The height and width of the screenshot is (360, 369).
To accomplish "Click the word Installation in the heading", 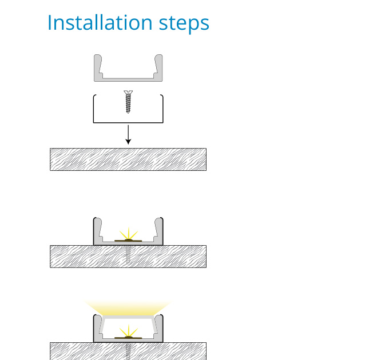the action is pos(100,22).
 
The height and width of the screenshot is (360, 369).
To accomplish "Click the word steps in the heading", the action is pos(184,24).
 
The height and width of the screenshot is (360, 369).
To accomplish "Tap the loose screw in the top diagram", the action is pos(128,102).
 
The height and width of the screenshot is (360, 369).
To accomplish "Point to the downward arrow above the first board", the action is pos(128,134).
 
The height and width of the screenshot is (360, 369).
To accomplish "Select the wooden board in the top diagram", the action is pos(128,159).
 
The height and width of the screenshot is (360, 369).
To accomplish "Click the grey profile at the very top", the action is pos(128,79).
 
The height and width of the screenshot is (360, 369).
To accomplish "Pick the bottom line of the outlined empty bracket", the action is pos(128,122).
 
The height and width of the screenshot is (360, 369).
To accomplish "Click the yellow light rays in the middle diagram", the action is pos(129,234).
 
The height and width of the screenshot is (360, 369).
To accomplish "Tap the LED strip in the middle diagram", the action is pos(128,241).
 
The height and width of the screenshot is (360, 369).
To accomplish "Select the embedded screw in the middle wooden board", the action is pos(128,254).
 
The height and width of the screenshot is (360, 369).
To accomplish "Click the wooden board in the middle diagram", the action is pos(128,257).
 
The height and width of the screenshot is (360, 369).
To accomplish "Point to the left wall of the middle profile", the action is pos(97,231).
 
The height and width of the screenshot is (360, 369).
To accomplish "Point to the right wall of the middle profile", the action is pos(159,231).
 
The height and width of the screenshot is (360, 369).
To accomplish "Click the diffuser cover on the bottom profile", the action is pos(128,317).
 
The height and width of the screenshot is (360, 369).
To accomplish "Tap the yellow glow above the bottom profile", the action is pos(128,307).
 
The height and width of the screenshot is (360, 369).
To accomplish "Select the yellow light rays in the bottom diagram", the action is pos(129,331).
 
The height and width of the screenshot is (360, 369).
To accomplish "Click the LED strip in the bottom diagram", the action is pos(128,338).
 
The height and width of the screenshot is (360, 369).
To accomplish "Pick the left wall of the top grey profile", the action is pos(97,67).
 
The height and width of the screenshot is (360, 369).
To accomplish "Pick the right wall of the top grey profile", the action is pos(159,67).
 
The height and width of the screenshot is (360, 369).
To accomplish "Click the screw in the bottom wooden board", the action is pos(128,351).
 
